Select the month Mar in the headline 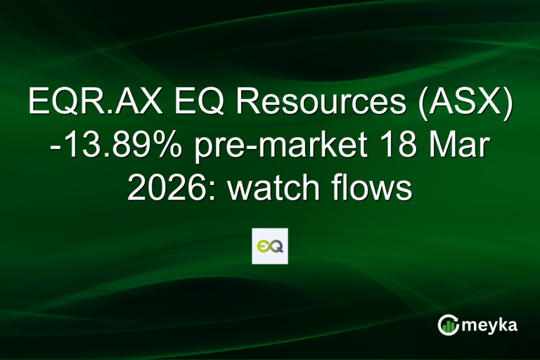[458, 147]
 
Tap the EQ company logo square [270, 246]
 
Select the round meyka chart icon [448, 325]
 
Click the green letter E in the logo [263, 246]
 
